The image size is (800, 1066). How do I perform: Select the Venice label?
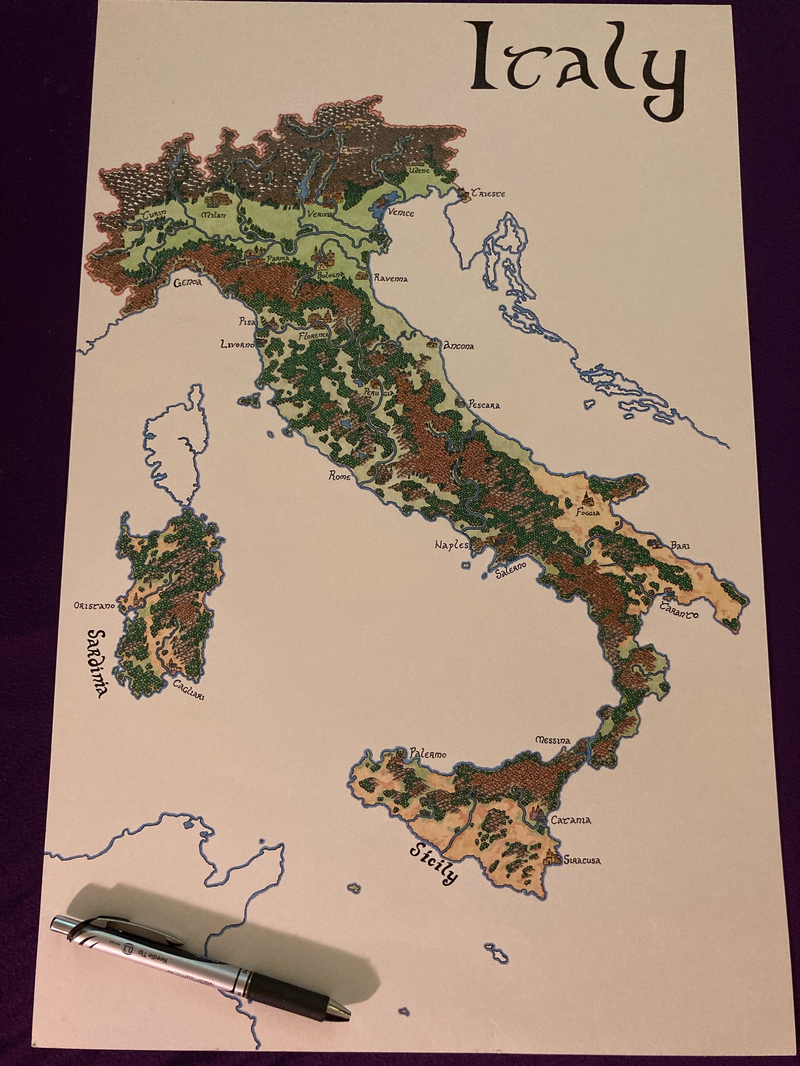(401, 212)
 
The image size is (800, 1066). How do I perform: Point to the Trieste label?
(488, 194)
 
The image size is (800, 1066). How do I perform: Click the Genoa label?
(188, 283)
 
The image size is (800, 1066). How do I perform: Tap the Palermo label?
(428, 754)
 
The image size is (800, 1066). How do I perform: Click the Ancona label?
(459, 346)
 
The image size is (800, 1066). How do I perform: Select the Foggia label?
(588, 513)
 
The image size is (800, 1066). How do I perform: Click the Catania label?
(571, 820)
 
